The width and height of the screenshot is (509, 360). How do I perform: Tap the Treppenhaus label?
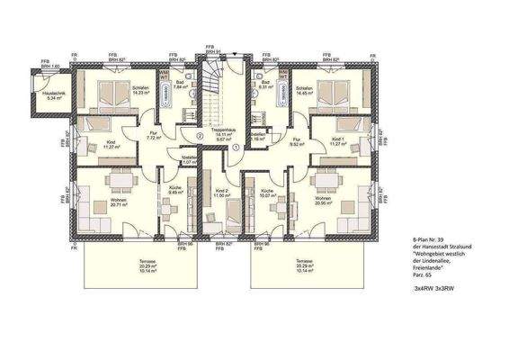tap(225, 134)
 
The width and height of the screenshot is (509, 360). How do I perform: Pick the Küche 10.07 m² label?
tap(265, 193)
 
